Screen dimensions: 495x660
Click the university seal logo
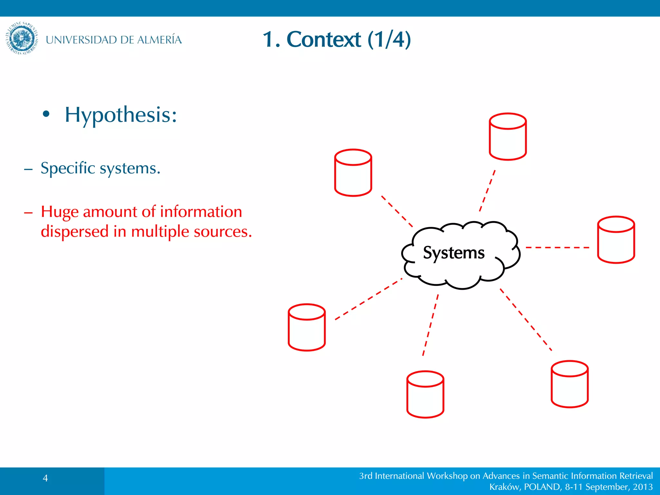[22, 38]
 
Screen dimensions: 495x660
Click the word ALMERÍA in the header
[159, 40]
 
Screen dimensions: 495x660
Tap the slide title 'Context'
[324, 40]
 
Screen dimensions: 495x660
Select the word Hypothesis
[121, 115]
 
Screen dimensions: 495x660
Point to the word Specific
[68, 168]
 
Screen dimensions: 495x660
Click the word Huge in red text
[60, 212]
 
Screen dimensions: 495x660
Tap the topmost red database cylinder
[508, 137]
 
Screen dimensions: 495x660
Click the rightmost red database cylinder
[616, 240]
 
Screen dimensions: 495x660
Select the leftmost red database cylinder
[306, 327]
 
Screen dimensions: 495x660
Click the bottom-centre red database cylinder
[425, 394]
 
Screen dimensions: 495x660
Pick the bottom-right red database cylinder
[569, 384]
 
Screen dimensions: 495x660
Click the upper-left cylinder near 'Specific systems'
[353, 173]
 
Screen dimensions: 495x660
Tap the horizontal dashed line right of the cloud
[557, 247]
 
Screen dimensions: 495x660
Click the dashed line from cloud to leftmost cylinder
[368, 299]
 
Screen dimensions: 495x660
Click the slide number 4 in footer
[45, 478]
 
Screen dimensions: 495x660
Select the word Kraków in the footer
[504, 487]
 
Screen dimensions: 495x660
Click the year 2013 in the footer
[643, 487]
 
